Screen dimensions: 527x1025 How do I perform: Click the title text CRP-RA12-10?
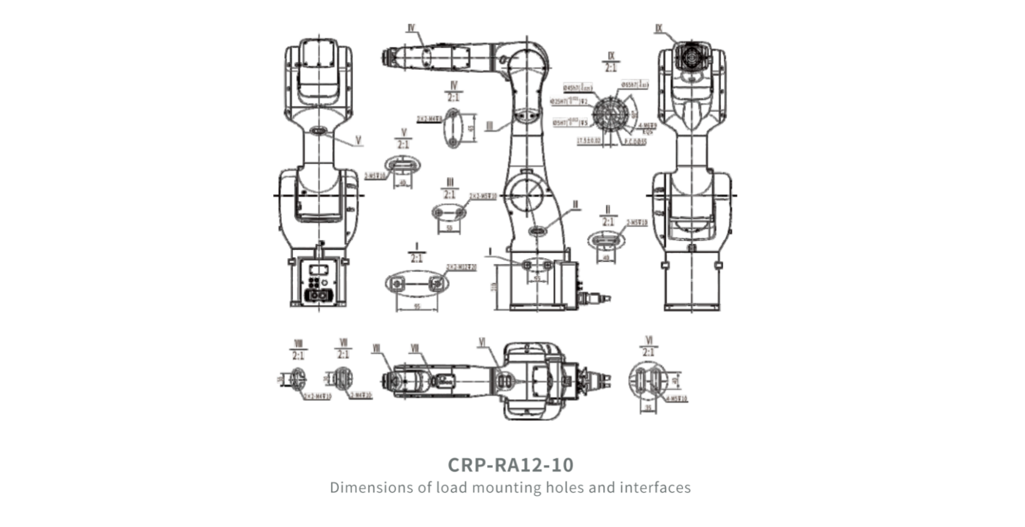pyautogui.click(x=510, y=465)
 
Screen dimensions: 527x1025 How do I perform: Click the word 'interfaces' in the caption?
pyautogui.click(x=655, y=487)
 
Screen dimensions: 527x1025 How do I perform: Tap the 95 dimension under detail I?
pyautogui.click(x=417, y=306)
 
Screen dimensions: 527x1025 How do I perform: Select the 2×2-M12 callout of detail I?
pyautogui.click(x=461, y=267)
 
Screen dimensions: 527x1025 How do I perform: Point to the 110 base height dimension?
pyautogui.click(x=494, y=286)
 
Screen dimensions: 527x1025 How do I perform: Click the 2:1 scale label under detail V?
pyautogui.click(x=404, y=144)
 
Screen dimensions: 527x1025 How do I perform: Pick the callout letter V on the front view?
pyautogui.click(x=358, y=141)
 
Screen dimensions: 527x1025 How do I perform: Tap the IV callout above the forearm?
pyautogui.click(x=411, y=28)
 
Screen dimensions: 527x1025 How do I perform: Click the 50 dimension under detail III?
pyautogui.click(x=449, y=228)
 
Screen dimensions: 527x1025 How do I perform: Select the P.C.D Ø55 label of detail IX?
pyautogui.click(x=635, y=141)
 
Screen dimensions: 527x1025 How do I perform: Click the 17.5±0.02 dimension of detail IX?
pyautogui.click(x=589, y=141)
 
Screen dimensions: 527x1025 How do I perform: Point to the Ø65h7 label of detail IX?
pyautogui.click(x=634, y=85)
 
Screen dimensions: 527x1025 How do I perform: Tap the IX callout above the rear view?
pyautogui.click(x=659, y=28)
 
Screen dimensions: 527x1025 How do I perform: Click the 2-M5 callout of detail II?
pyautogui.click(x=637, y=223)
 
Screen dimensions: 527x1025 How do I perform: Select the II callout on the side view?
pyautogui.click(x=575, y=205)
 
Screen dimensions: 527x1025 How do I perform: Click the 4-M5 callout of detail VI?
pyautogui.click(x=676, y=399)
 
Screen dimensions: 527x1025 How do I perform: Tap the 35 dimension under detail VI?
pyautogui.click(x=648, y=408)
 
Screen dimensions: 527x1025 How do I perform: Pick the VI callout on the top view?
pyautogui.click(x=482, y=343)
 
